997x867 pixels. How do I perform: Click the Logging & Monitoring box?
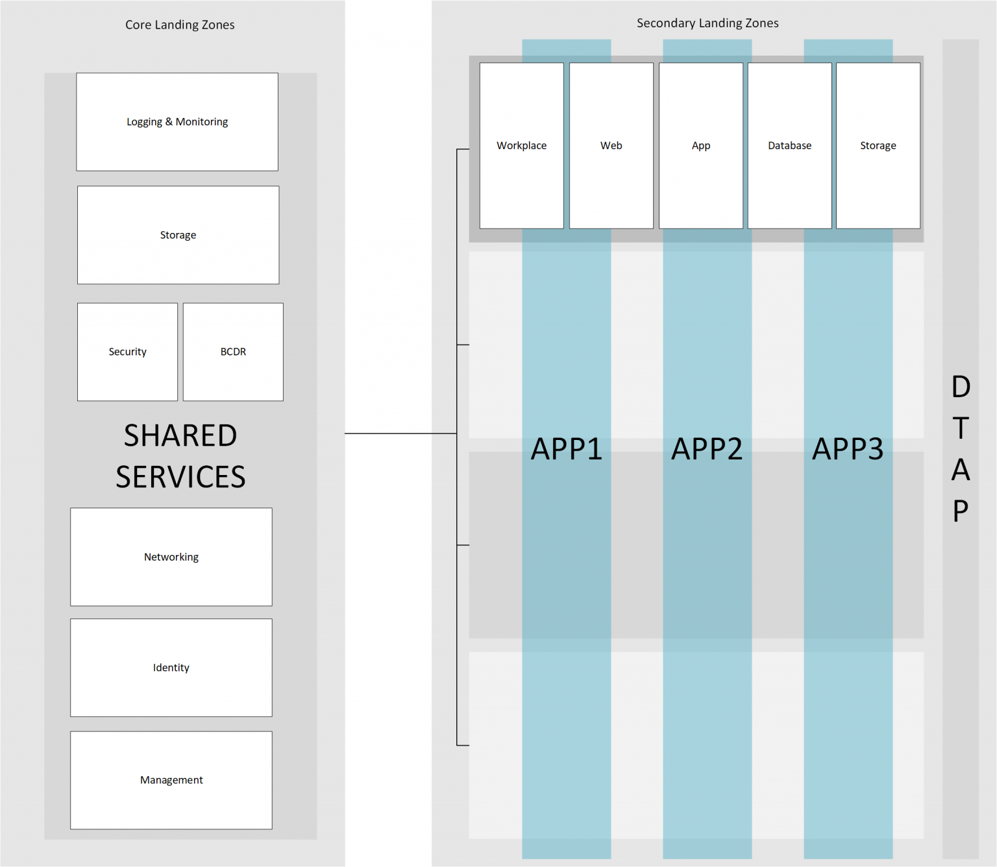point(177,122)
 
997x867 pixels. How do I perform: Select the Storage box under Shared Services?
point(178,235)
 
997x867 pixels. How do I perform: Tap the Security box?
point(127,352)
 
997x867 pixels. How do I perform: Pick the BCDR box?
point(233,352)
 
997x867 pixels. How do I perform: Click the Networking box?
point(171,557)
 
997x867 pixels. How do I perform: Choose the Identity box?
point(171,668)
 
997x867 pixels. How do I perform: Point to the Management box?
point(171,780)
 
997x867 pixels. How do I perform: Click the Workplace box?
point(521,145)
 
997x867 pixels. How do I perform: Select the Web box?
point(611,145)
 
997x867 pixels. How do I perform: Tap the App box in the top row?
point(701,145)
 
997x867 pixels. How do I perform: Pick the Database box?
point(789,145)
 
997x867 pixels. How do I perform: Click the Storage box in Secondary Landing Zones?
point(878,145)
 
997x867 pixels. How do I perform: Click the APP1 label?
point(566,449)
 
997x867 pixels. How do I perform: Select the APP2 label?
point(707,449)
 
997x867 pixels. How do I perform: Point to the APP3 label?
point(848,449)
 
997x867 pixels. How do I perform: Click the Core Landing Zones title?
point(180,25)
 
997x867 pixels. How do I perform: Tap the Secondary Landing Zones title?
point(708,23)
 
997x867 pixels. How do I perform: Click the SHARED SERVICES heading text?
point(180,456)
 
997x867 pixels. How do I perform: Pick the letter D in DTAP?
point(961,387)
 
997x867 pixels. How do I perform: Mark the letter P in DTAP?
point(961,511)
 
